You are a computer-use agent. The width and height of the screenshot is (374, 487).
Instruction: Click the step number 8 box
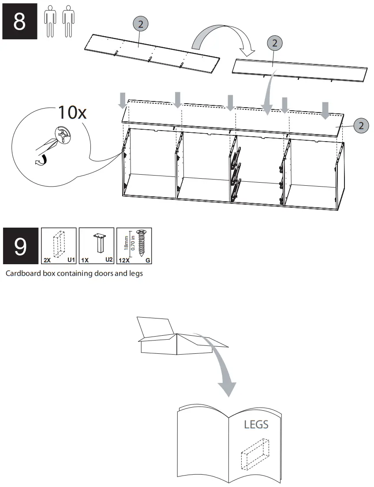pos(19,22)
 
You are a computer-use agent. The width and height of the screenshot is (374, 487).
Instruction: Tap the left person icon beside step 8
pos(51,21)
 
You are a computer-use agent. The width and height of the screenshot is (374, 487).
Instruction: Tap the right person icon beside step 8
pos(67,21)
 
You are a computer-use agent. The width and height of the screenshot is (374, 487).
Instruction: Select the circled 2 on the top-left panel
pos(140,25)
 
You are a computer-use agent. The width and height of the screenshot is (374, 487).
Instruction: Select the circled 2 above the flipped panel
pos(275,43)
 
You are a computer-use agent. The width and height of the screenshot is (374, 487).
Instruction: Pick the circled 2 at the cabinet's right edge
pos(361,125)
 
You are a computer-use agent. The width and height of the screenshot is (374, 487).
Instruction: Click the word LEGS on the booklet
pos(256,424)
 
